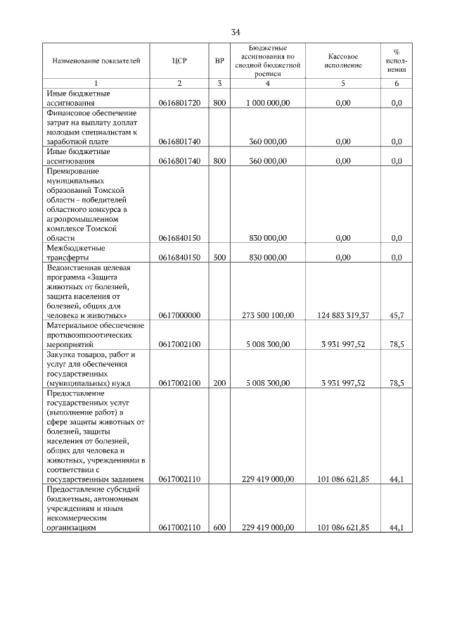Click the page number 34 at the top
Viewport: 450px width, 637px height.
pyautogui.click(x=236, y=32)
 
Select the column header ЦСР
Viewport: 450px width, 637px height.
pyautogui.click(x=179, y=61)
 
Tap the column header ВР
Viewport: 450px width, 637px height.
pyautogui.click(x=219, y=61)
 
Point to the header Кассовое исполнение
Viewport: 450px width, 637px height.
pyautogui.click(x=343, y=61)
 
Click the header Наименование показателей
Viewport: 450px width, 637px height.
pyautogui.click(x=96, y=61)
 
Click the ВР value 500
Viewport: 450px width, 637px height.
pyautogui.click(x=219, y=258)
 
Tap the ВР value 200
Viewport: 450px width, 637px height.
pyautogui.click(x=219, y=383)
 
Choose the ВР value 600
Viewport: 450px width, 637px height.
pyautogui.click(x=219, y=527)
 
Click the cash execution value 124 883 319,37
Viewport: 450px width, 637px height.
pyautogui.click(x=343, y=316)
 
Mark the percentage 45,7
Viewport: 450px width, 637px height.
pyautogui.click(x=396, y=316)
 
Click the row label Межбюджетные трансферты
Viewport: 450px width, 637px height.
pyautogui.click(x=76, y=253)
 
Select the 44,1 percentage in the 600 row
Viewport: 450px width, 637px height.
pyautogui.click(x=396, y=527)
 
